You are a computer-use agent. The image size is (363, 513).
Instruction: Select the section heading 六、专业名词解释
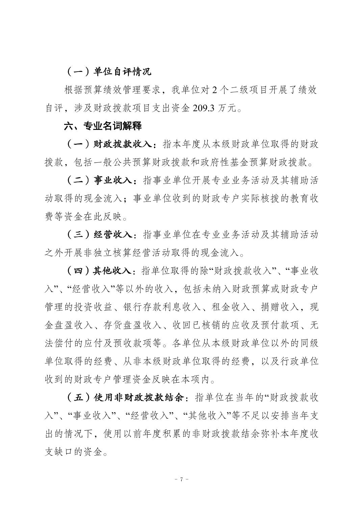click(x=103, y=126)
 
